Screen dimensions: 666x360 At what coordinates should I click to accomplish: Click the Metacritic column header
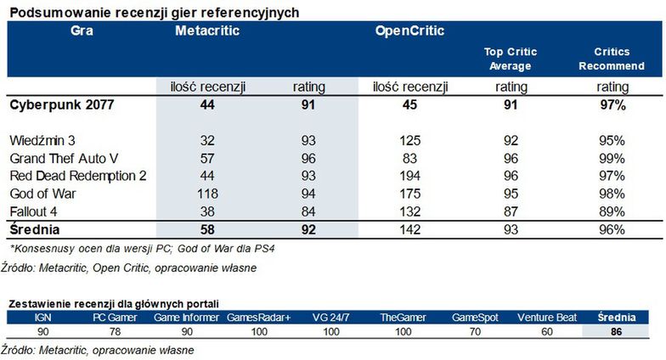point(207,31)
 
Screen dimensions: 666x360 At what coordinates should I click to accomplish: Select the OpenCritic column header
point(409,31)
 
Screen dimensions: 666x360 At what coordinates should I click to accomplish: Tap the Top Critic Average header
point(510,59)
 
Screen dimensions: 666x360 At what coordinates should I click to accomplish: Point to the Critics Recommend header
point(612,59)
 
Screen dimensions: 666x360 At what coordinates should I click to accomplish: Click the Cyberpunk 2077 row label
point(61,105)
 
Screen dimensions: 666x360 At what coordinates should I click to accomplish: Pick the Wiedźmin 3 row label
point(42,141)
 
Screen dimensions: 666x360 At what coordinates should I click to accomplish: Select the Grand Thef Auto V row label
point(64,158)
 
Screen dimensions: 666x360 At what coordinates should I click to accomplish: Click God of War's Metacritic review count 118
point(207,194)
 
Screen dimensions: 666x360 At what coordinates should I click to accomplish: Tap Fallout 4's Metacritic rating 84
point(308,211)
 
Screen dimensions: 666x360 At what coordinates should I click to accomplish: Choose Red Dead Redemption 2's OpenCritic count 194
point(409,176)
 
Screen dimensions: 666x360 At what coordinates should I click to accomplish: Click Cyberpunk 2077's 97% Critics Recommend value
point(612,105)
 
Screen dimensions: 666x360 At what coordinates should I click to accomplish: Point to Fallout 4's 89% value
point(612,211)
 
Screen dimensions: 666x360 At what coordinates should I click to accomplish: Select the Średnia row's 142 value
point(409,229)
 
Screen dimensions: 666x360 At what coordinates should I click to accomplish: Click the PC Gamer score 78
point(116,331)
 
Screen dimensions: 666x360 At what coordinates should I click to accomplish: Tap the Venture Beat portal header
point(547,318)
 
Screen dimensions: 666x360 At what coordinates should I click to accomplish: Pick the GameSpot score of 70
point(475,331)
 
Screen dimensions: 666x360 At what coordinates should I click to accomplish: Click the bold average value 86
point(617,331)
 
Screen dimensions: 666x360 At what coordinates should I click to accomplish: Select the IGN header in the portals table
point(42,318)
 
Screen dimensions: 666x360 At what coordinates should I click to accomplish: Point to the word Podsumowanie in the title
point(59,14)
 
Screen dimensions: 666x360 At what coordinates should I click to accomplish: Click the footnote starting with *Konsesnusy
point(143,248)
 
